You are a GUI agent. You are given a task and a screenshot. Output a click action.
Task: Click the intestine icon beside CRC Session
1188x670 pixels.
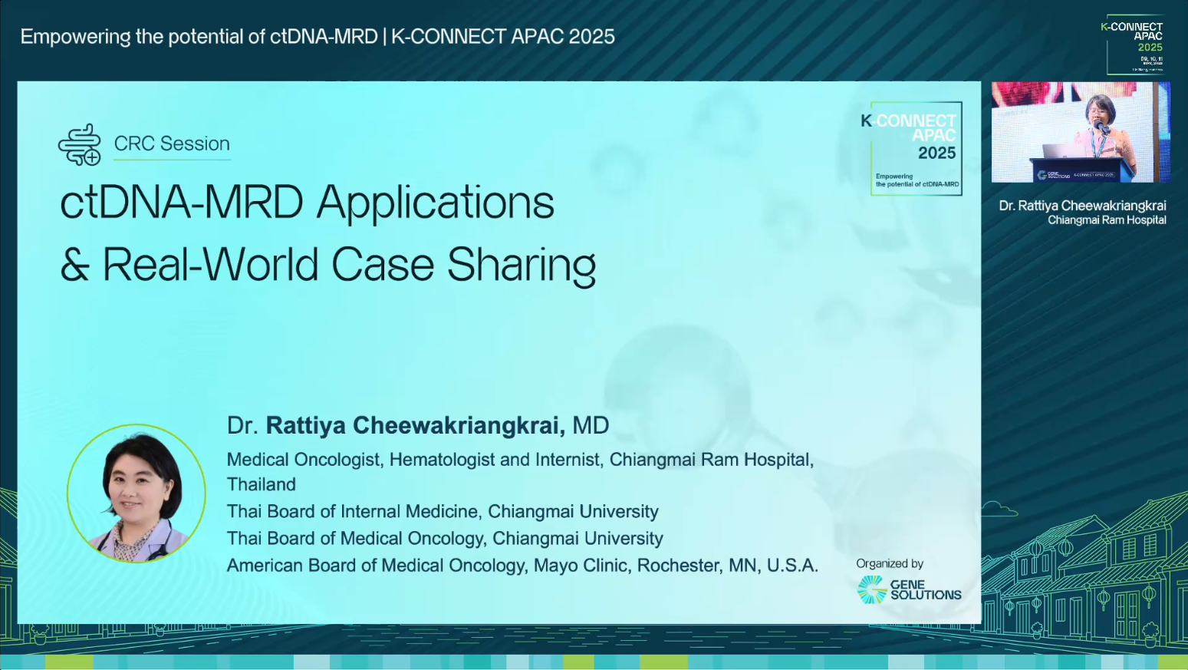[80, 144]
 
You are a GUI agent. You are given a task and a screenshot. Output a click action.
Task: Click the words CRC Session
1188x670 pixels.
[172, 144]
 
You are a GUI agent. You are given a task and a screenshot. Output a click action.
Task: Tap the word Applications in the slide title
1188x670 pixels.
[435, 203]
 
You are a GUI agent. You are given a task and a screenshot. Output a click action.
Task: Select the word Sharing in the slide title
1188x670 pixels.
[521, 265]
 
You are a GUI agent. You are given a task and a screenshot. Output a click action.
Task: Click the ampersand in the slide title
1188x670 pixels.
[74, 266]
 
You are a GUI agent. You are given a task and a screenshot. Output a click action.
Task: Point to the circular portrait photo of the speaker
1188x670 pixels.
[137, 493]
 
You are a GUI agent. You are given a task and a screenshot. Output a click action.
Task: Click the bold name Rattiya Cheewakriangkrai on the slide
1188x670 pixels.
[415, 425]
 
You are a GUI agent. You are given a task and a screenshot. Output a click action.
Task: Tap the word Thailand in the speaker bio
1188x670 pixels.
[262, 484]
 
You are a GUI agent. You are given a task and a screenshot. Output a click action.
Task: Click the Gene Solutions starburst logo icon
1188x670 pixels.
[871, 589]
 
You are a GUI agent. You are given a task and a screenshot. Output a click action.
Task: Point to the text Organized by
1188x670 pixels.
[890, 563]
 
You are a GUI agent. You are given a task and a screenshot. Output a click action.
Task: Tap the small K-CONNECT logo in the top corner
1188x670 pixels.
[1134, 45]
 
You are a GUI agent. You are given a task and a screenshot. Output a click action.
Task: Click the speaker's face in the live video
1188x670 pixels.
[1099, 111]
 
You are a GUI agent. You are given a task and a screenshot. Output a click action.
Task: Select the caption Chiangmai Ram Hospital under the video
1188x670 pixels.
[1106, 220]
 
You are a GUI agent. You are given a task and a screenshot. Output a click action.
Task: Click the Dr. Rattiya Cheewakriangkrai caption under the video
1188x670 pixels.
[1082, 206]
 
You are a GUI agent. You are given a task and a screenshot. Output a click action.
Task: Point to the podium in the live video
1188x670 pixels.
[1081, 170]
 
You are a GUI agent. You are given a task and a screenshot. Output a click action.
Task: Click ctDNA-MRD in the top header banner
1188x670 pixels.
[324, 37]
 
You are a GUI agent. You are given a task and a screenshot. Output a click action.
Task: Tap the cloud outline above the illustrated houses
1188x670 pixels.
[999, 508]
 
